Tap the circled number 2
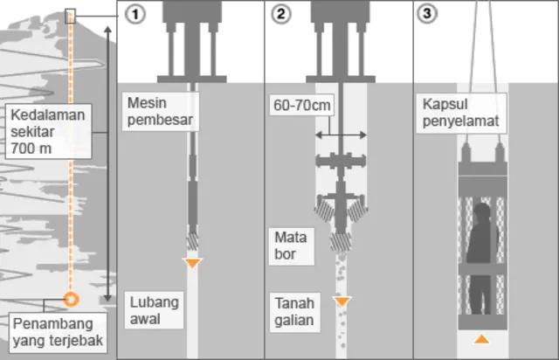click(x=280, y=15)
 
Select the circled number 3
click(x=427, y=15)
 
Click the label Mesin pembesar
click(x=159, y=111)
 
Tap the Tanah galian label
click(x=293, y=311)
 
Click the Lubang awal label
click(x=154, y=311)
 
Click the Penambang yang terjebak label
click(x=58, y=333)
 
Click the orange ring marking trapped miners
click(x=72, y=298)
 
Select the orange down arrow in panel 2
click(x=342, y=301)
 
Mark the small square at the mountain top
click(x=70, y=16)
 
